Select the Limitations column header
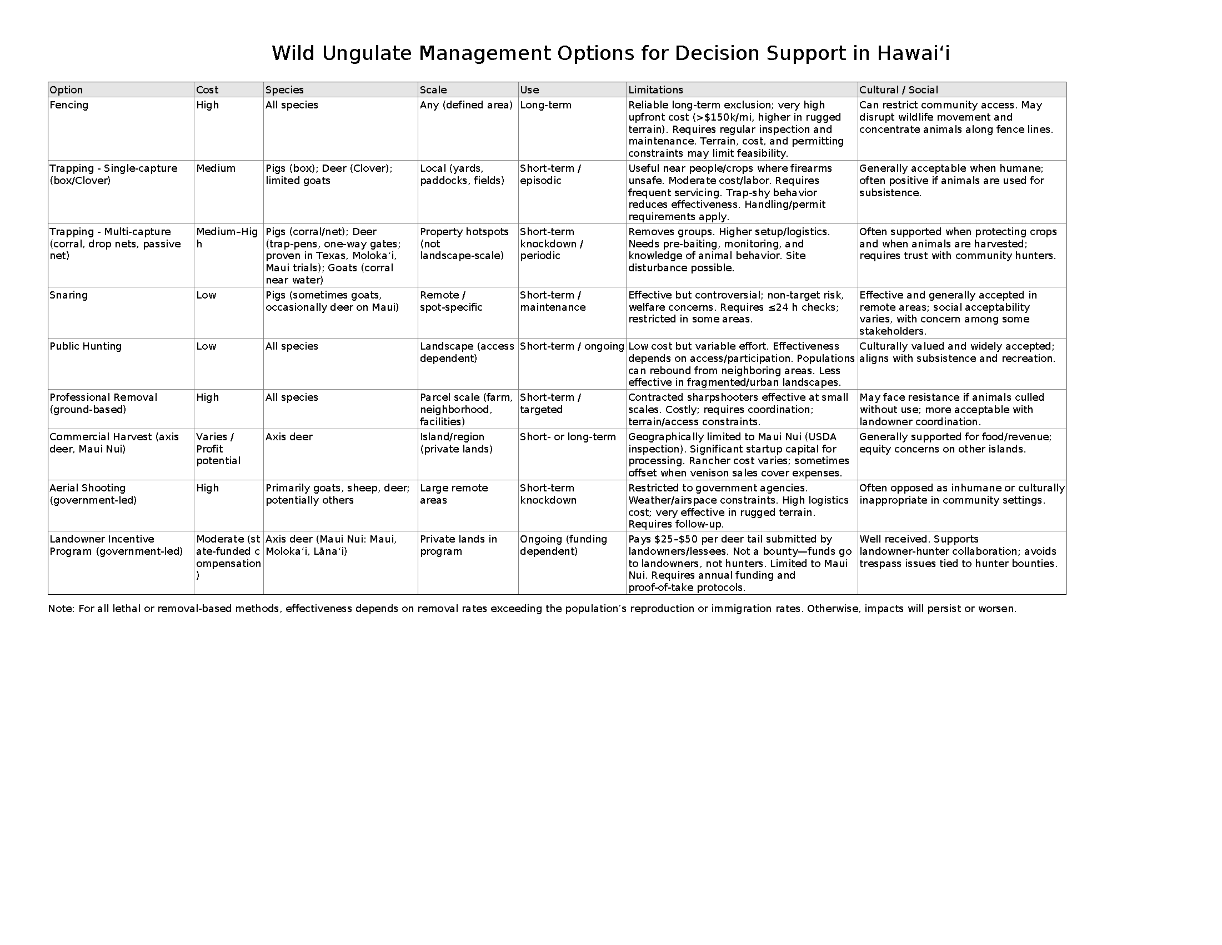point(655,89)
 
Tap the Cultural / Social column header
point(899,89)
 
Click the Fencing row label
point(69,105)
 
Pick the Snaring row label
point(68,295)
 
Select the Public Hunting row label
point(85,346)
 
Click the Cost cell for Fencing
point(208,105)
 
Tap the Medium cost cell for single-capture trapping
point(216,168)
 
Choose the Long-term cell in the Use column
point(545,105)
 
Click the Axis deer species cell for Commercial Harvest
point(289,437)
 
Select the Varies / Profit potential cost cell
point(218,449)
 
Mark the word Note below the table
point(61,609)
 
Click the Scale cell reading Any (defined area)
point(466,105)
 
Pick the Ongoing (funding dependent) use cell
point(563,545)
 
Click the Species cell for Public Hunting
point(292,346)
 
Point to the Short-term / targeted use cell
point(550,403)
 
